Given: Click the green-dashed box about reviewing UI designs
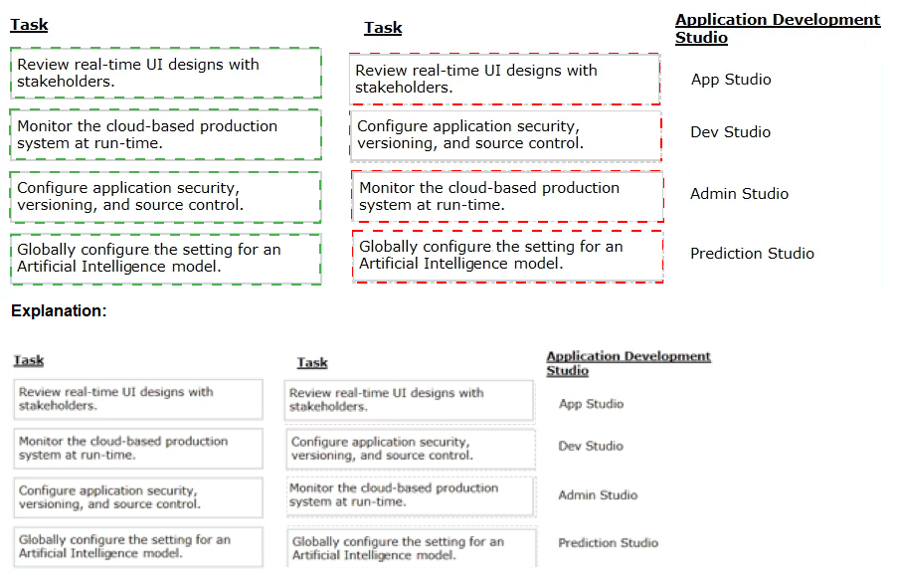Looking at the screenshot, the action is [165, 73].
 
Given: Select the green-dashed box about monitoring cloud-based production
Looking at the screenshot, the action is [165, 134].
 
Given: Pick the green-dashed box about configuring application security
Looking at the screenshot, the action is [165, 197].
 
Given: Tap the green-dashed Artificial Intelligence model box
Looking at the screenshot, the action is [165, 259].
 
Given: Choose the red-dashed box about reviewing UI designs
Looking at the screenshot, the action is [504, 80].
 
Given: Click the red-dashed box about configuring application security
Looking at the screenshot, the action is [506, 136].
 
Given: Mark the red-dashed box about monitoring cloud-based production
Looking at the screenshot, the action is [507, 196].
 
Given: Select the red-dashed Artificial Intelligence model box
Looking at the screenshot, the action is [507, 257].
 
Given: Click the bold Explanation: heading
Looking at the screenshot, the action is [59, 310].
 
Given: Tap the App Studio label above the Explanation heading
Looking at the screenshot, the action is [731, 80].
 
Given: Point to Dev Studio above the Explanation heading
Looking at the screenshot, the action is [730, 131].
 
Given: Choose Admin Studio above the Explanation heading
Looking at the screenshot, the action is [739, 194].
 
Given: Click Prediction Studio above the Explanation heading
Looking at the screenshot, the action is [752, 254].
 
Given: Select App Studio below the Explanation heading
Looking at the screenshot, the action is [591, 404].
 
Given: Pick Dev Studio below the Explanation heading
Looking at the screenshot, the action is [591, 446].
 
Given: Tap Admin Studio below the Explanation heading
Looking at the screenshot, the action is [598, 494].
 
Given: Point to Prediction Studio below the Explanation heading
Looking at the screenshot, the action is [609, 543].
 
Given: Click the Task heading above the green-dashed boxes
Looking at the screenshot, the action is [29, 25].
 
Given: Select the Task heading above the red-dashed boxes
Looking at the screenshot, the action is [383, 28].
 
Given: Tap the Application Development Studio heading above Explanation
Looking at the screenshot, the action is [777, 28].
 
